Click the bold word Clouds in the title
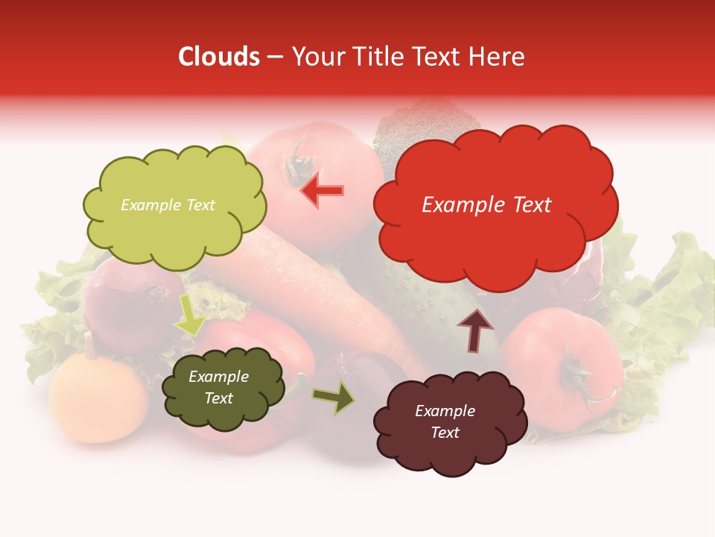click(219, 57)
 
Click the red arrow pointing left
click(322, 190)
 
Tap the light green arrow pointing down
click(189, 316)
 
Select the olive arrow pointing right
click(334, 398)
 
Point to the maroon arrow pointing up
click(475, 331)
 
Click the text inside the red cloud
click(486, 205)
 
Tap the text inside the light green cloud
click(168, 205)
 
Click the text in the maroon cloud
click(445, 421)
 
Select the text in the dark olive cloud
click(218, 388)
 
